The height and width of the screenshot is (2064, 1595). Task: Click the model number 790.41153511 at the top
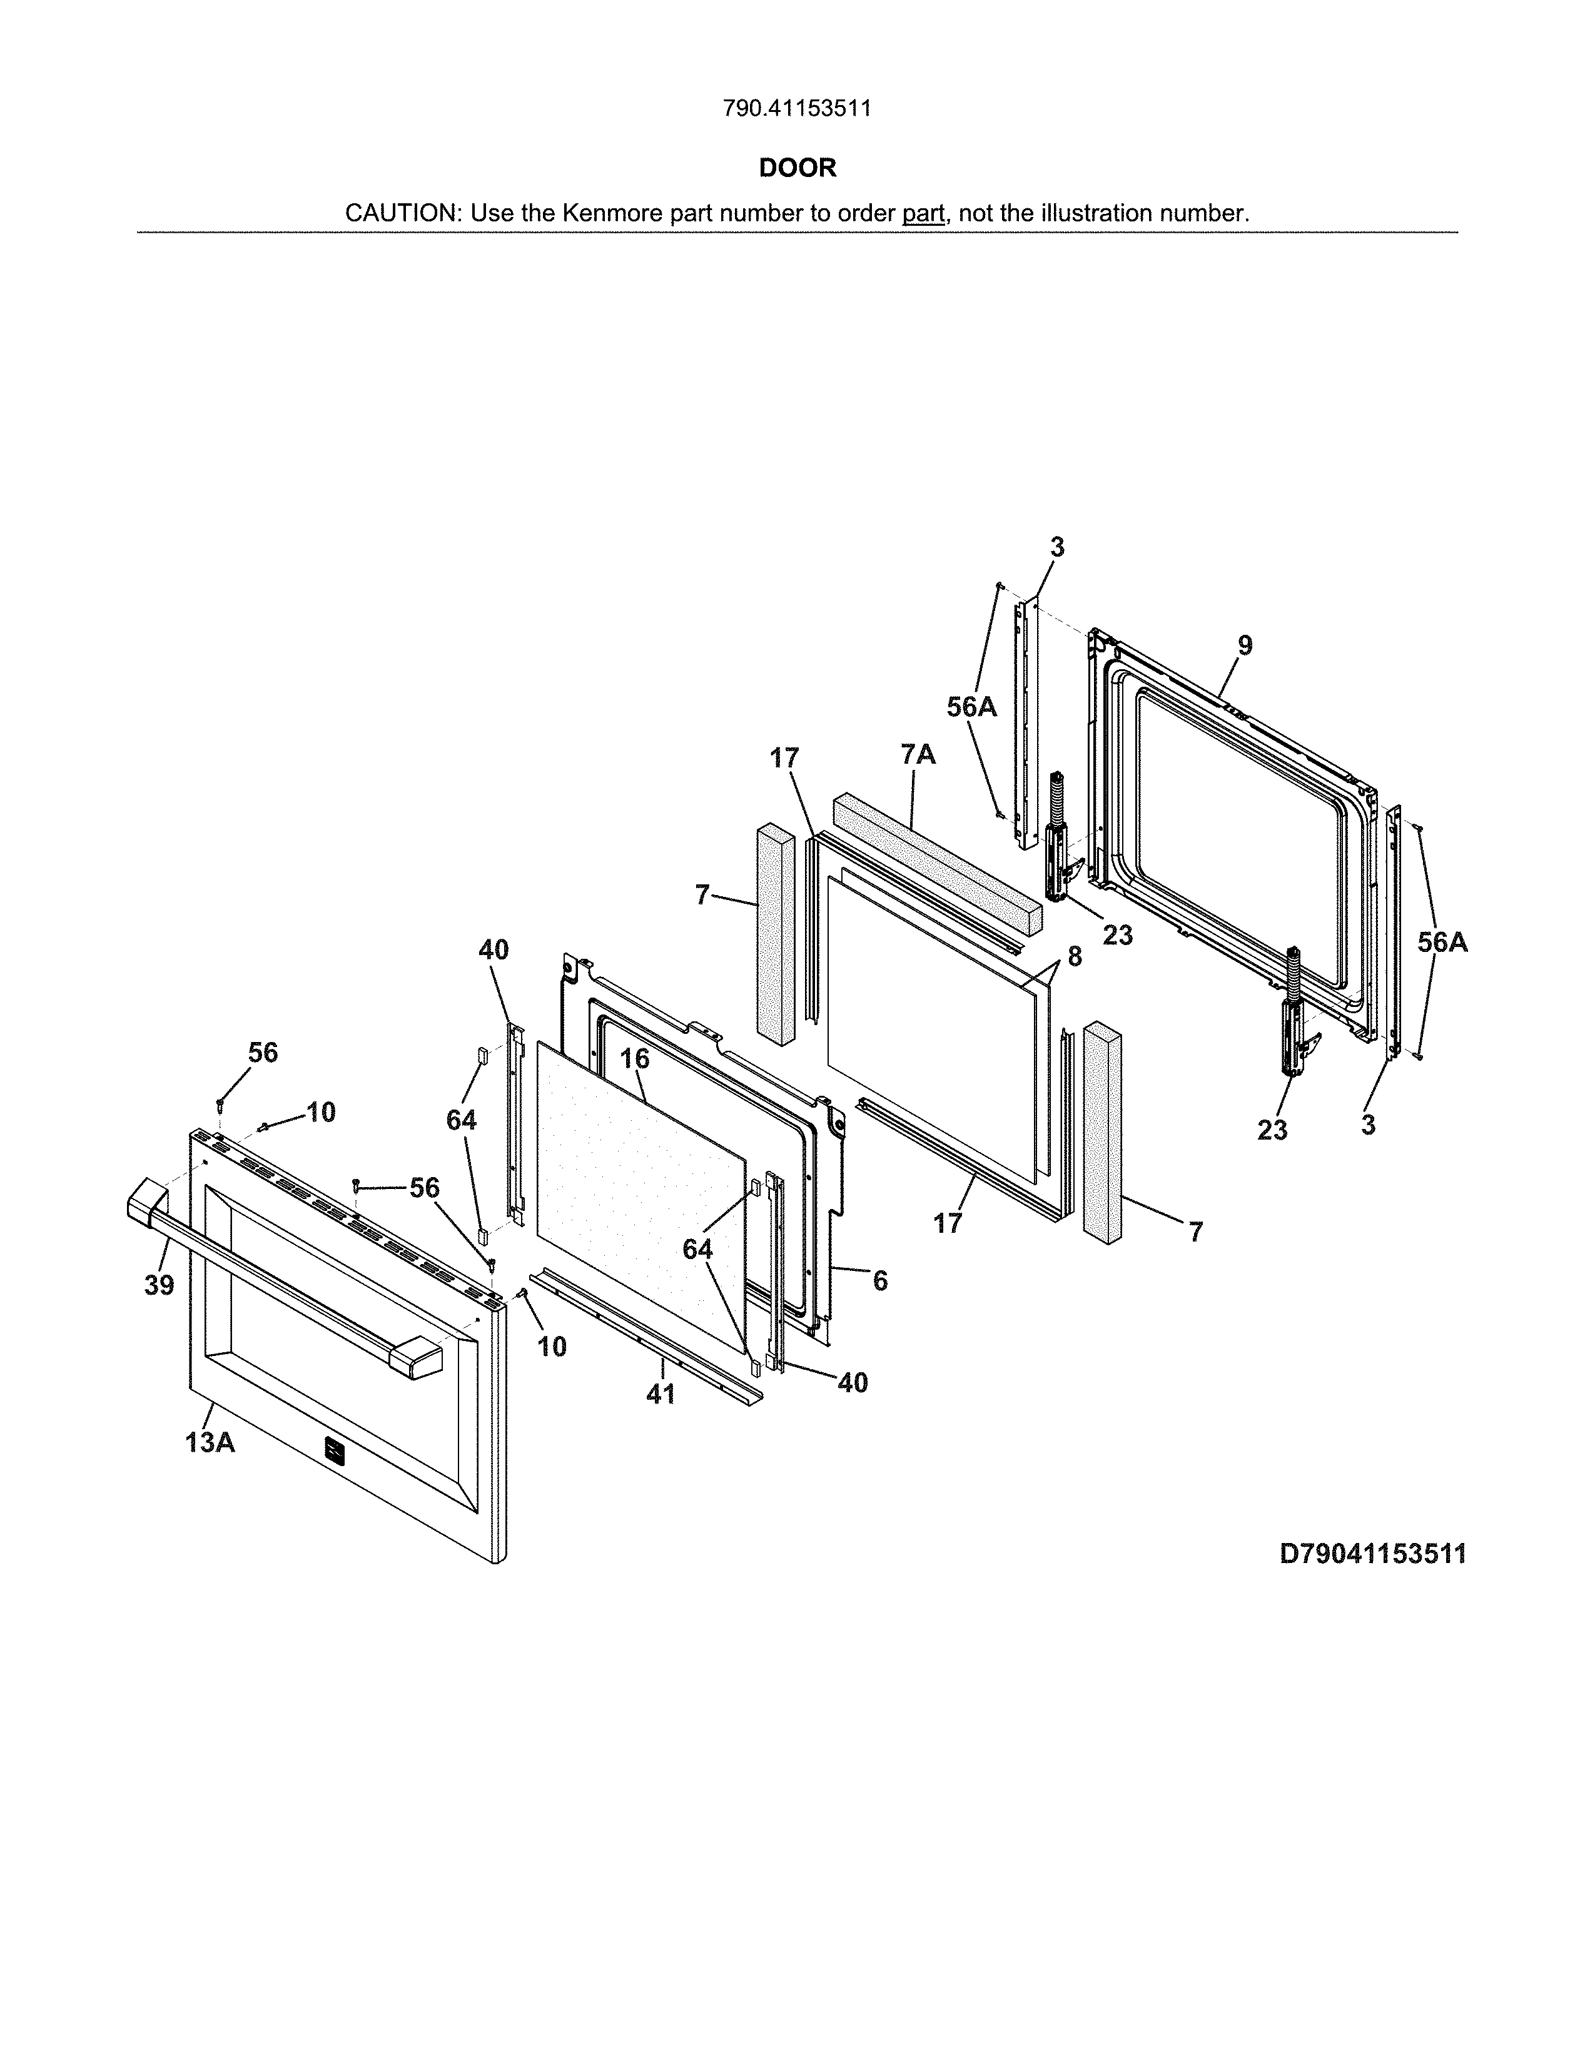(796, 109)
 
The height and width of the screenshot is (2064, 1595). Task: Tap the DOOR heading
(797, 168)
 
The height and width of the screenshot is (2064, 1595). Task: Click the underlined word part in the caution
(923, 213)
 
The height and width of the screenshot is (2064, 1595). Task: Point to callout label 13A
(210, 1443)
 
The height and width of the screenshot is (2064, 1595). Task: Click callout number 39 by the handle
(159, 1285)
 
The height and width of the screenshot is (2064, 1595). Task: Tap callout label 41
(661, 1394)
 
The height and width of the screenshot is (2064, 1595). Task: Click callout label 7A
(918, 754)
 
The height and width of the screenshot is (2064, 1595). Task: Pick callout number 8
(1075, 956)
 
